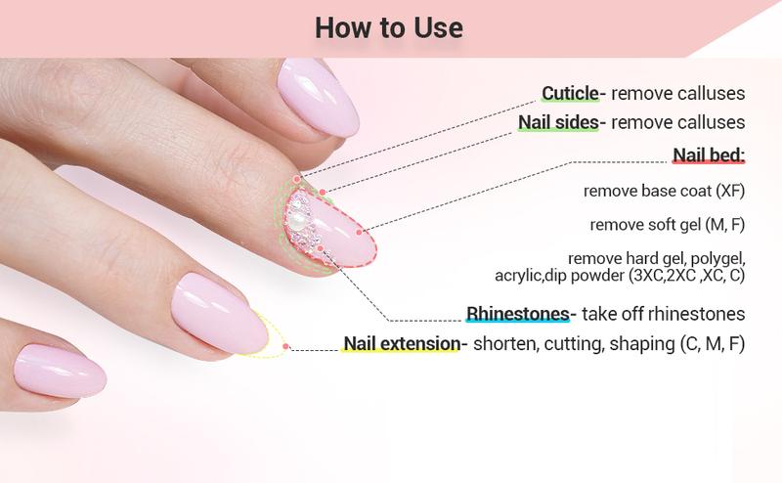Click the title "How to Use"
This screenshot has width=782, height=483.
click(x=389, y=28)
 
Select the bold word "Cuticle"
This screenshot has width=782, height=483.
click(x=570, y=93)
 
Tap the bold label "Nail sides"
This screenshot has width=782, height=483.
click(x=558, y=122)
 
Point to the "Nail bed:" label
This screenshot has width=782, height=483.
click(x=709, y=155)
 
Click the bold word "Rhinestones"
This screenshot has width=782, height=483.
click(x=518, y=314)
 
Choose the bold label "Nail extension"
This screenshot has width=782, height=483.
click(x=402, y=343)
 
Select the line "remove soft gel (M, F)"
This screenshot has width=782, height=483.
click(x=668, y=225)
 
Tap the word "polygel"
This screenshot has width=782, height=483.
click(x=718, y=258)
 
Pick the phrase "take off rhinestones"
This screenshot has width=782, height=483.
click(x=664, y=314)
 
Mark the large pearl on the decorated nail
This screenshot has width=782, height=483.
click(x=298, y=221)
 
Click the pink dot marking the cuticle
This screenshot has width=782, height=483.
click(x=297, y=179)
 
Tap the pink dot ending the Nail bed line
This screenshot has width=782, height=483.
click(x=359, y=232)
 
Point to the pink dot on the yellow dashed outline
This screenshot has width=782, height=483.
click(x=285, y=346)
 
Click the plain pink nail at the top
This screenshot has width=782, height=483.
click(x=318, y=97)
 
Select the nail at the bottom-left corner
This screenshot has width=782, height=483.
click(x=60, y=372)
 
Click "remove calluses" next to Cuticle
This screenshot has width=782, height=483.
click(x=677, y=93)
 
